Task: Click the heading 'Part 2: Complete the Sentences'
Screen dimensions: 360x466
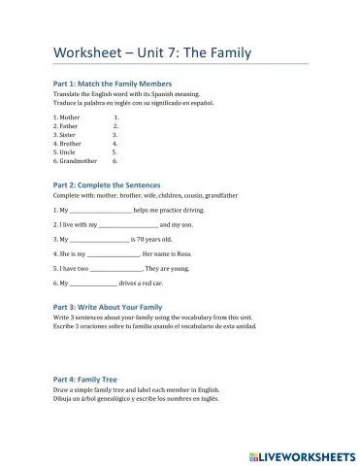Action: point(108,184)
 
